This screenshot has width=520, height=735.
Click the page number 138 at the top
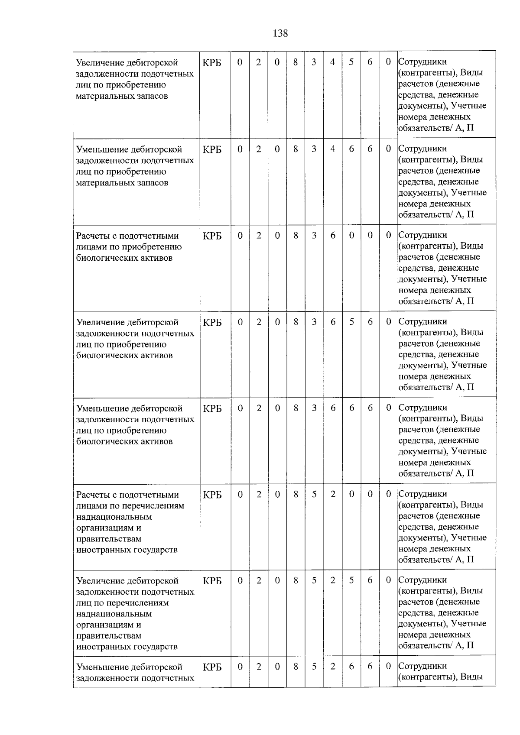click(x=280, y=33)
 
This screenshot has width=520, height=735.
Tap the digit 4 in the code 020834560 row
click(x=332, y=62)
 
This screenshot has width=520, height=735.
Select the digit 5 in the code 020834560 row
click(x=351, y=62)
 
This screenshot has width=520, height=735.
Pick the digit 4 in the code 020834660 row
click(x=332, y=149)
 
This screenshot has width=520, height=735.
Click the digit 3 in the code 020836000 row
click(x=314, y=235)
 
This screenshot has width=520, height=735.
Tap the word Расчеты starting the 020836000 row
click(x=92, y=236)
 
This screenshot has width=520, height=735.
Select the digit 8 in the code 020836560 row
click(x=296, y=322)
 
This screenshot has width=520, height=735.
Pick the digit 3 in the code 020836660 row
click(x=314, y=408)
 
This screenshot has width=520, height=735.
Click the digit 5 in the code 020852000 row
click(x=314, y=494)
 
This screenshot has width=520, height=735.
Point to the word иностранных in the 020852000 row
click(x=102, y=550)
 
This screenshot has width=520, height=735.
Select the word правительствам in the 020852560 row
click(x=109, y=636)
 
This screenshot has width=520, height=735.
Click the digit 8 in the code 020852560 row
click(x=296, y=580)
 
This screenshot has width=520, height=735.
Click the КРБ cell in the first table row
click(x=212, y=63)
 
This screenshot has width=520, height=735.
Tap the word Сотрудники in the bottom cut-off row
click(x=422, y=666)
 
